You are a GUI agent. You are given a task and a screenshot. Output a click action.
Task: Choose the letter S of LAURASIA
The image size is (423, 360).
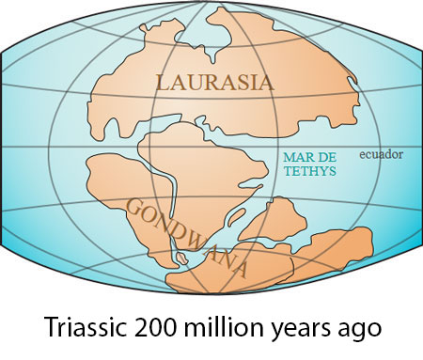[235, 83]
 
